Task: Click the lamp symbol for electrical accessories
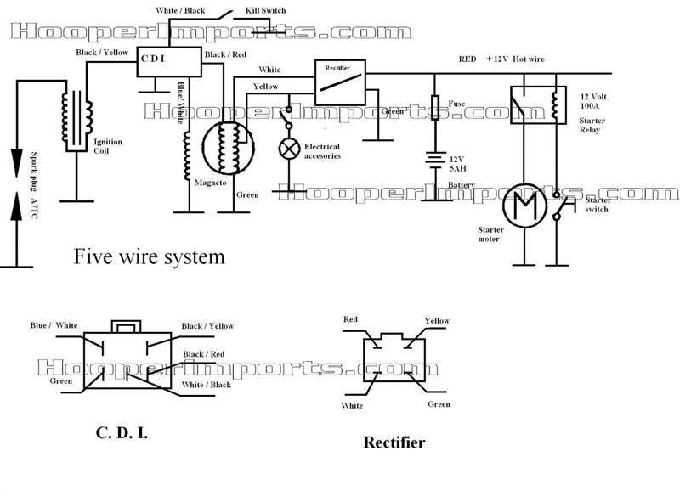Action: click(289, 149)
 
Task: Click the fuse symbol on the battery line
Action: click(435, 107)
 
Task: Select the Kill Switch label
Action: click(265, 10)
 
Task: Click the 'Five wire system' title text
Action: click(150, 256)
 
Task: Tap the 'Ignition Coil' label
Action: click(108, 146)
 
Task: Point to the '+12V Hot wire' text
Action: click(515, 59)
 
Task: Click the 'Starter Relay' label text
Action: click(592, 125)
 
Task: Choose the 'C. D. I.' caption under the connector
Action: click(122, 432)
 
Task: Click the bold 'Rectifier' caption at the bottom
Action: click(394, 442)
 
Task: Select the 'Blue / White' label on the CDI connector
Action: click(54, 325)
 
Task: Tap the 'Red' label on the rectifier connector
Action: click(350, 319)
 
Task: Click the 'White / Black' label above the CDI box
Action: click(180, 10)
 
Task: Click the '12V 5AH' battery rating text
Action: click(457, 164)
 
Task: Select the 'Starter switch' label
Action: click(598, 205)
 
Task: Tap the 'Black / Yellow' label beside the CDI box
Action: click(102, 53)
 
